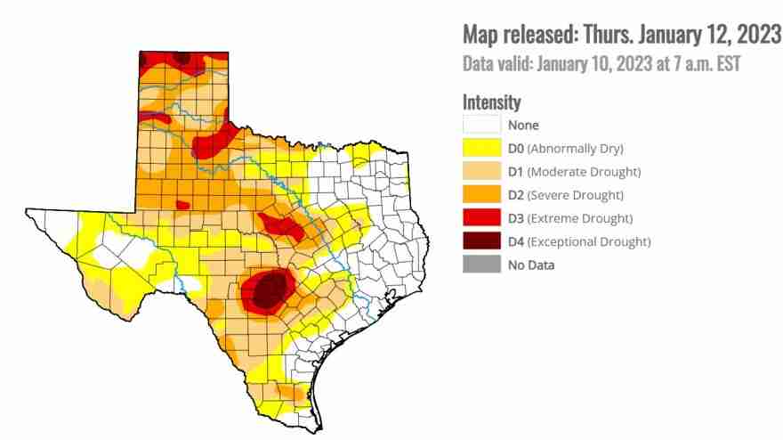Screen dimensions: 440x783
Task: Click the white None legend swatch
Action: pyautogui.click(x=480, y=126)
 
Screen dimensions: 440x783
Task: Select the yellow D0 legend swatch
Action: pyautogui.click(x=480, y=149)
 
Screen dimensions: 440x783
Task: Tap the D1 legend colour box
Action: pyautogui.click(x=480, y=172)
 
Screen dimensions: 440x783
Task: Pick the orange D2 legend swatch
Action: pyautogui.click(x=480, y=195)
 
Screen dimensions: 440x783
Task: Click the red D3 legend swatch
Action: pyautogui.click(x=480, y=218)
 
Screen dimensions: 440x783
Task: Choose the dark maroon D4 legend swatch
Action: pyautogui.click(x=480, y=241)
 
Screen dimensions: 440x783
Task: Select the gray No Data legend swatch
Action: pyautogui.click(x=480, y=265)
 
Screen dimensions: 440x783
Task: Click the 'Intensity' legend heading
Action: pyautogui.click(x=491, y=102)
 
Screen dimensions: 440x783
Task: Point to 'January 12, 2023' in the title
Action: pyautogui.click(x=700, y=34)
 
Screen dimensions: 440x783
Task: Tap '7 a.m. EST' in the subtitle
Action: pyautogui.click(x=703, y=64)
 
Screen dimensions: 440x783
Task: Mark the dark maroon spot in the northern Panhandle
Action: pyautogui.click(x=182, y=57)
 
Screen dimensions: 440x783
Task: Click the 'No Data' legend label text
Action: pyautogui.click(x=531, y=265)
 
